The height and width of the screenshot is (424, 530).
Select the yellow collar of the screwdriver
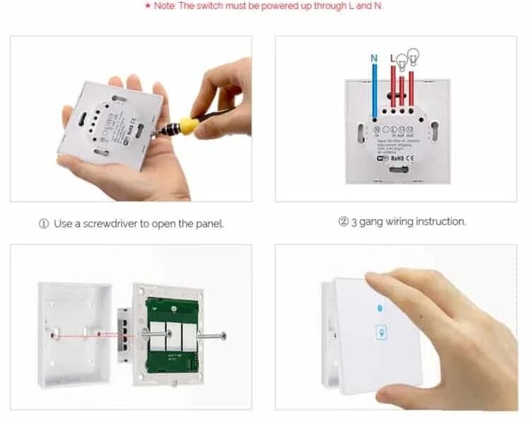[188, 126]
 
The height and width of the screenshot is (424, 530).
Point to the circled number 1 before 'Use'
[44, 224]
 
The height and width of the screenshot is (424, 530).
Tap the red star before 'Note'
[147, 6]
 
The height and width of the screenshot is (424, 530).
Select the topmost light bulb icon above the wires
[414, 53]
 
